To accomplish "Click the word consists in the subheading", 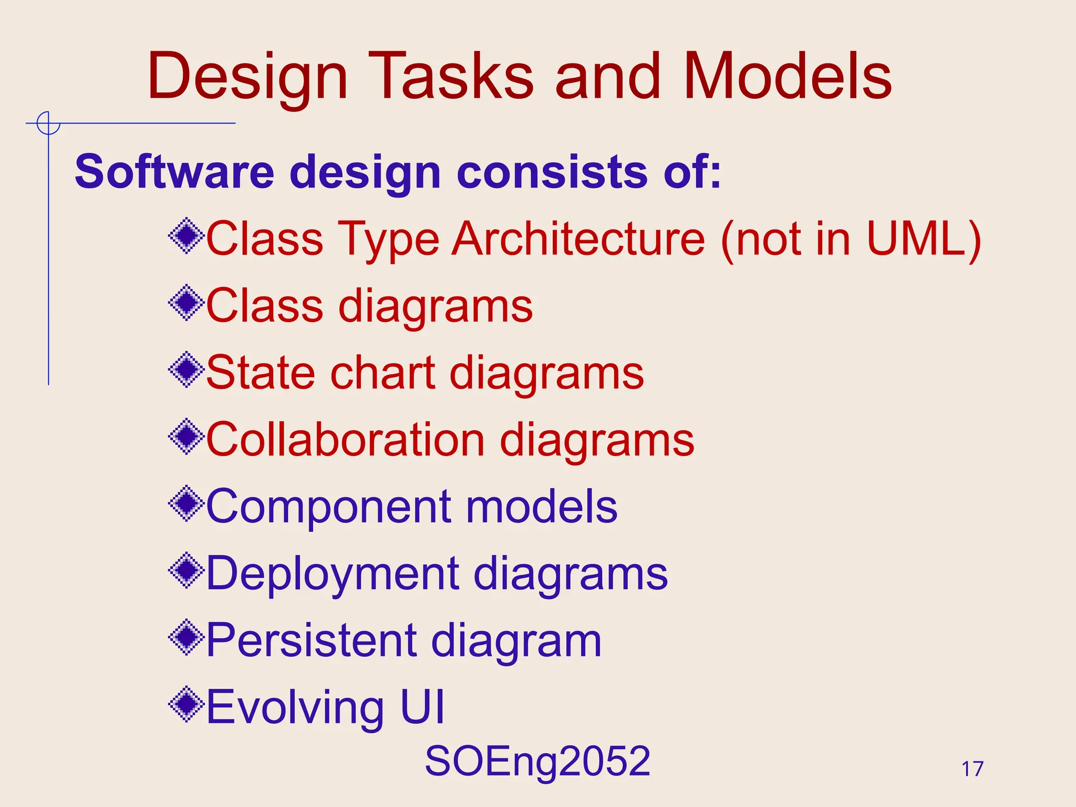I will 552,172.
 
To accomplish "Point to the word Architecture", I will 578,239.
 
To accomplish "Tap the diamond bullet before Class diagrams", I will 186,303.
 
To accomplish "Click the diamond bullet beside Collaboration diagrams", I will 186,437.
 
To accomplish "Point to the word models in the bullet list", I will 541,507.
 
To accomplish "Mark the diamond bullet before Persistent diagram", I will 186,637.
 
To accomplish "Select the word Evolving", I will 295,707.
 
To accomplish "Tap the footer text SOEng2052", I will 537,761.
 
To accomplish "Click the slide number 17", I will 972,769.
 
